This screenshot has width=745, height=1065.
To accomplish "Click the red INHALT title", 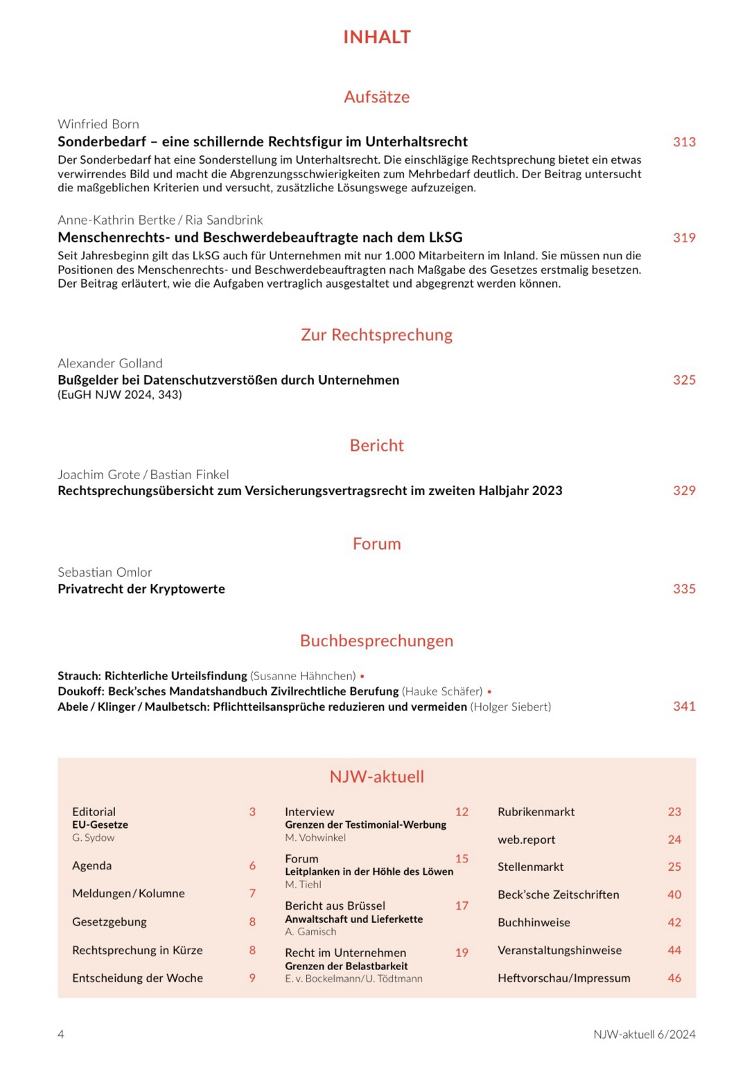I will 376,37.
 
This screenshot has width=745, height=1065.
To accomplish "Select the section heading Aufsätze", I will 376,96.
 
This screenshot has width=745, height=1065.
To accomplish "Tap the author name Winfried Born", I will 98,124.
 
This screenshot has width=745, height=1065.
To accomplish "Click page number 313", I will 684,142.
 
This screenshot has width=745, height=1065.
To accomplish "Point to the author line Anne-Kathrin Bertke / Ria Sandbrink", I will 160,220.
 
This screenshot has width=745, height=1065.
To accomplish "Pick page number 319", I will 684,238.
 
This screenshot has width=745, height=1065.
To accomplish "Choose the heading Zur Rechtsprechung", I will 376,335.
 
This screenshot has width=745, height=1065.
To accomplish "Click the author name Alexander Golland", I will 110,363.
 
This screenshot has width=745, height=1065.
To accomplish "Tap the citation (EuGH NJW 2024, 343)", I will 120,395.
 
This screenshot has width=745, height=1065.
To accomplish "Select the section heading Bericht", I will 376,445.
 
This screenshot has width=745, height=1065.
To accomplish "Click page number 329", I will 684,491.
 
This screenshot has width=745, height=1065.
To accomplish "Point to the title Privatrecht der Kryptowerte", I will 141,589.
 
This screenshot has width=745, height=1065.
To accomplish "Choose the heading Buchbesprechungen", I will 376,641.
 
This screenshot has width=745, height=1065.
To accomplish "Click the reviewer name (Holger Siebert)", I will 511,707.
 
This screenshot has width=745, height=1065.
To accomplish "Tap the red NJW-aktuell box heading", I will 376,777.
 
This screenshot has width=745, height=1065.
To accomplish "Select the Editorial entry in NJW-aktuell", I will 94,812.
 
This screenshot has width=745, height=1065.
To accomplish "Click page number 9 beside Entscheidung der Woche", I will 252,978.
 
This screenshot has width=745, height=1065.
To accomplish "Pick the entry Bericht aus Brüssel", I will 335,906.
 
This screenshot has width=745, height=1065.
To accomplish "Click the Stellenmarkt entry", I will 530,867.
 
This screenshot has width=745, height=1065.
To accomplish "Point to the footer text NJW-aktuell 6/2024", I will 644,1034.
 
